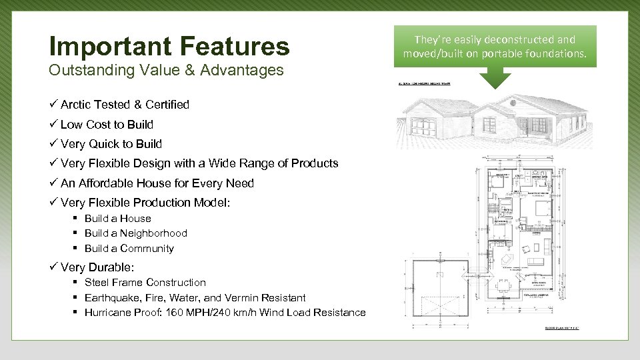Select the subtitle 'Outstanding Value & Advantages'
click(x=166, y=70)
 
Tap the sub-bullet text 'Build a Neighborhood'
click(x=135, y=233)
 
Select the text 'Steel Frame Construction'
click(x=145, y=283)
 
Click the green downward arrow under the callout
click(x=494, y=78)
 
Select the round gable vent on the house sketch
click(x=512, y=103)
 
